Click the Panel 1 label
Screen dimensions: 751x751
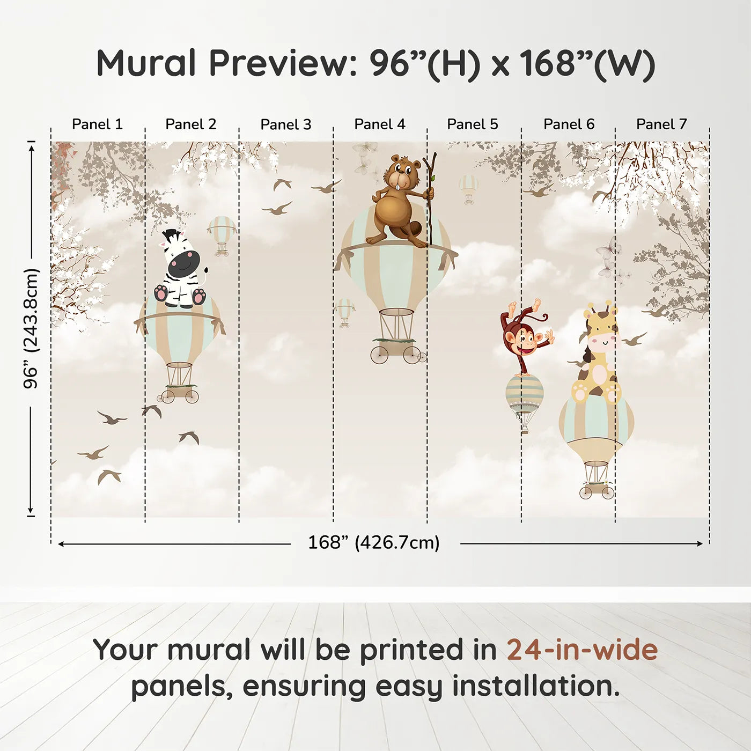pyautogui.click(x=97, y=124)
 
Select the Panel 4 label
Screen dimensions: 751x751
pyautogui.click(x=380, y=124)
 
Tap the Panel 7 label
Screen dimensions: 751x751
pyautogui.click(x=661, y=124)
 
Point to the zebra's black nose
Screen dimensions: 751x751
pyautogui.click(x=183, y=263)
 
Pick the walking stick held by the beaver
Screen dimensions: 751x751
pyautogui.click(x=430, y=198)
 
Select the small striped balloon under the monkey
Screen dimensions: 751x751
pyautogui.click(x=524, y=394)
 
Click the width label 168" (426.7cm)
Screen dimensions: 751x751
pyautogui.click(x=374, y=543)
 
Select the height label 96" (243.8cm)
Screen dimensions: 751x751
pyautogui.click(x=32, y=328)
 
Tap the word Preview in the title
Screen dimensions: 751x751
pyautogui.click(x=279, y=63)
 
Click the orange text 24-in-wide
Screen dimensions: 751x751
pyautogui.click(x=582, y=650)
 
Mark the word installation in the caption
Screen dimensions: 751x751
pyautogui.click(x=536, y=686)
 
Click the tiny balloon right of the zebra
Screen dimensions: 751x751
pyautogui.click(x=222, y=233)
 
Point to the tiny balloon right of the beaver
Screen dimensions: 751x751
pyautogui.click(x=468, y=188)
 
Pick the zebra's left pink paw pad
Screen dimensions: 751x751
pyautogui.click(x=161, y=293)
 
